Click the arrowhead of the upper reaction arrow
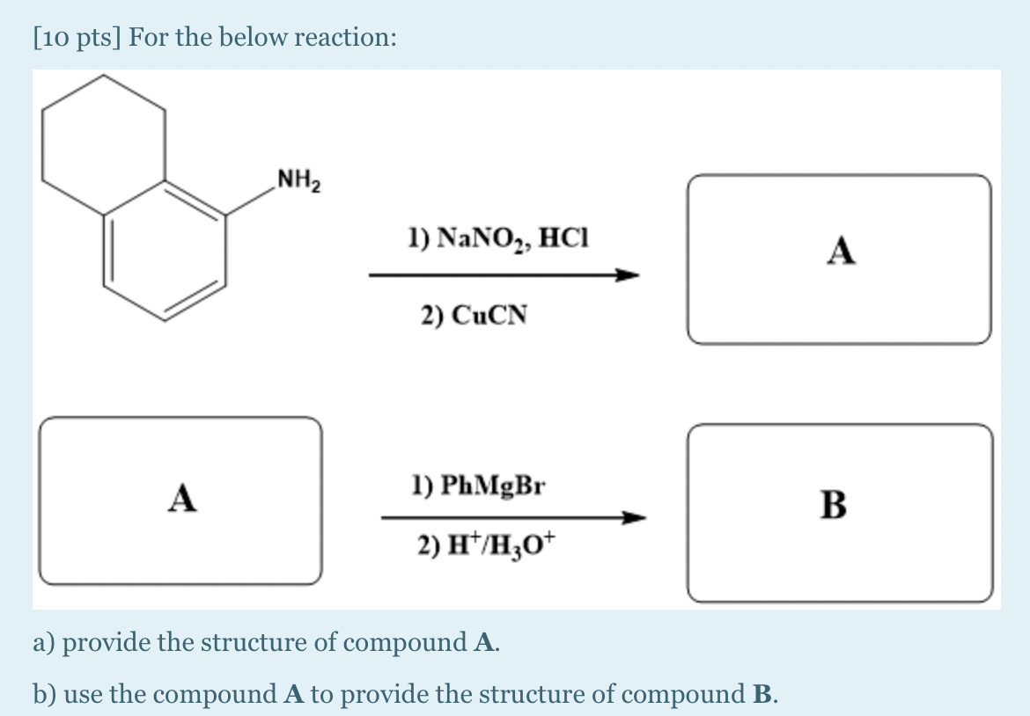[627, 275]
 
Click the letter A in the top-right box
[841, 252]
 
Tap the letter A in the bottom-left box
[182, 498]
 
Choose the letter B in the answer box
[833, 505]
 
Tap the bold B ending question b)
[761, 695]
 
